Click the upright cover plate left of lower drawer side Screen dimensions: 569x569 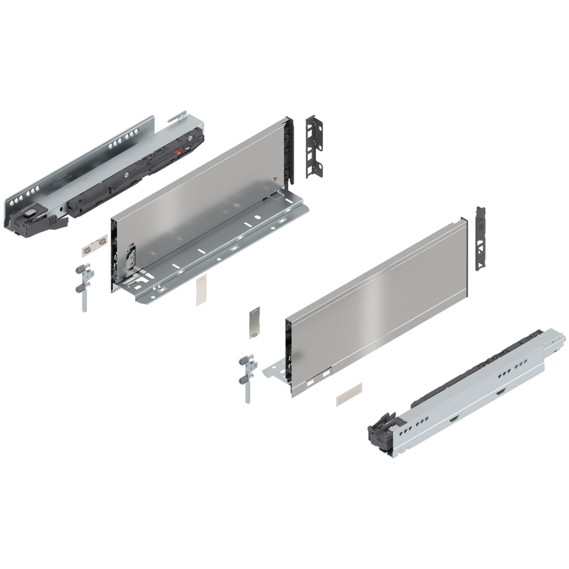tap(254, 322)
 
